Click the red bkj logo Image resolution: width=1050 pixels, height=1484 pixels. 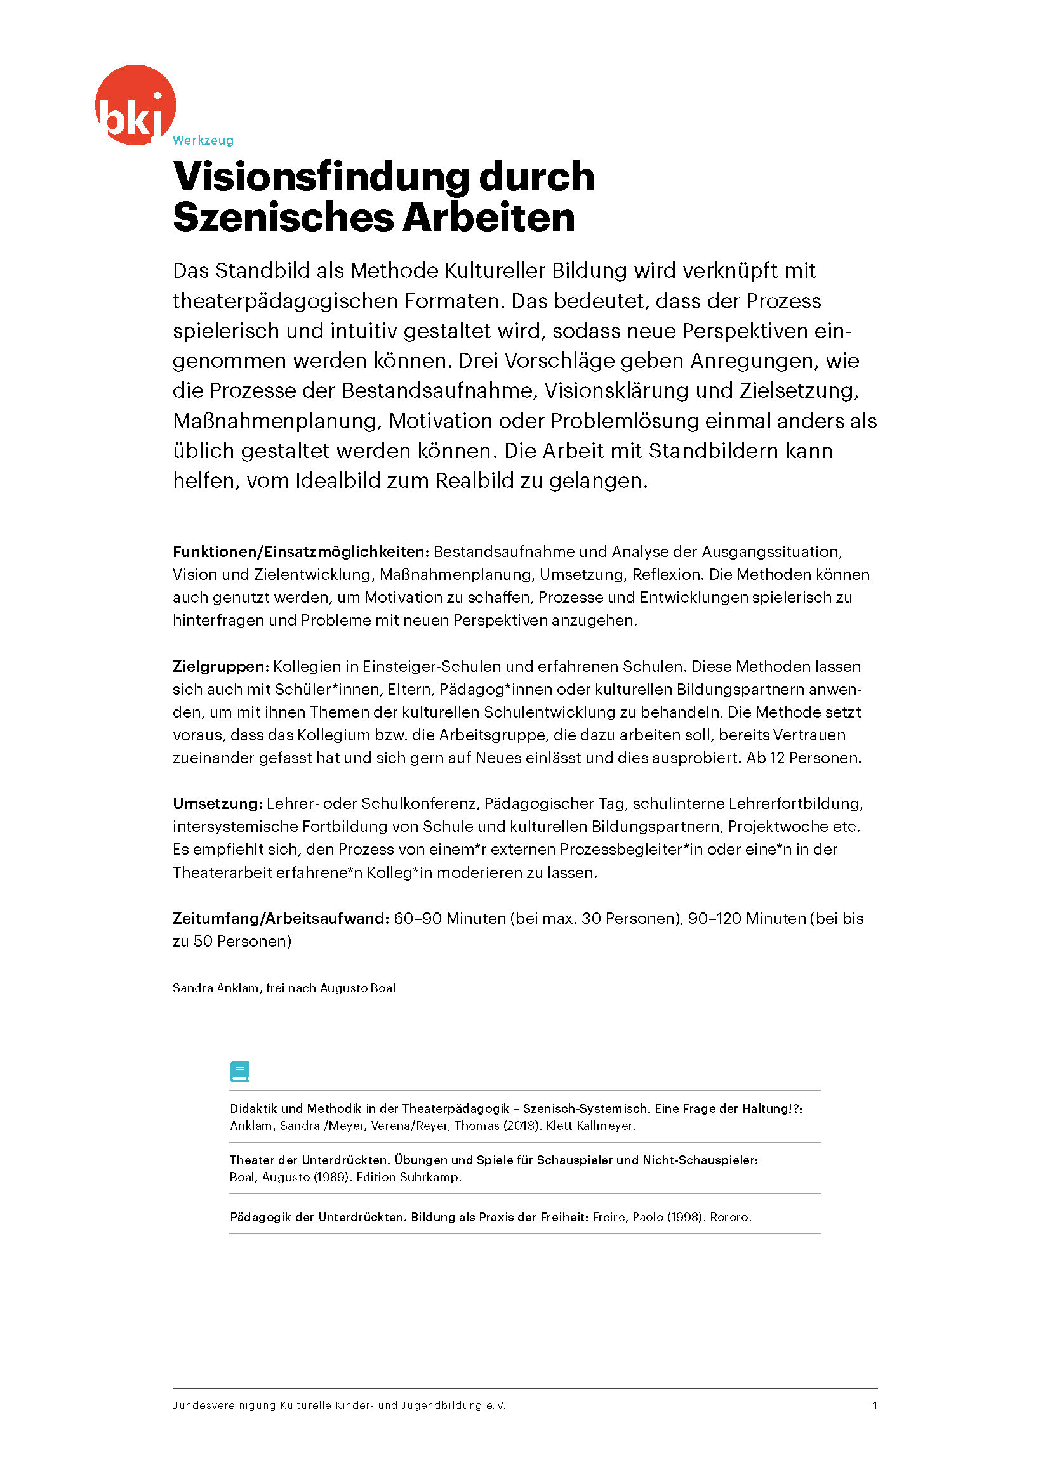(135, 105)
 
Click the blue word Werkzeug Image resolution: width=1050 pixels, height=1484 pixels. (203, 140)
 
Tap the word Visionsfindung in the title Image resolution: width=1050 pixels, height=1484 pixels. (321, 176)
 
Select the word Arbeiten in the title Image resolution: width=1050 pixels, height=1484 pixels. (489, 217)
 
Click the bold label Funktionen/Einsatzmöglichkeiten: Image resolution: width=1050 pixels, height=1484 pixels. (301, 551)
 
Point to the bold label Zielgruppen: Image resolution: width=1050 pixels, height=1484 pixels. (220, 666)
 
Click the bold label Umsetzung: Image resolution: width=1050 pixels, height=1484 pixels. (217, 803)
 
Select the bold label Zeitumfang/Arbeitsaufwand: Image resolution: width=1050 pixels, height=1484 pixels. (281, 918)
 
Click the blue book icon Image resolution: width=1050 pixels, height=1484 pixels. (239, 1071)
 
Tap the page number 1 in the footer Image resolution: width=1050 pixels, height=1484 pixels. (874, 1405)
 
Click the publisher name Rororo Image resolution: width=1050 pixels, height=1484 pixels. (731, 1217)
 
